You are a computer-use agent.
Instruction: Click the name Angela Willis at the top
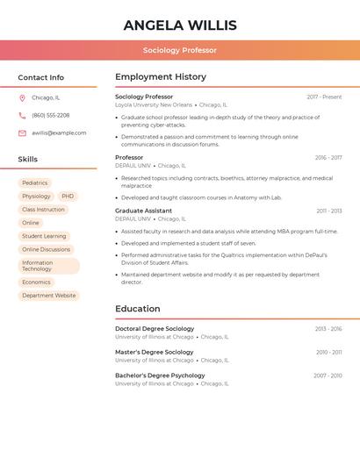179,25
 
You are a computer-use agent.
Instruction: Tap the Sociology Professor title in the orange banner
179,50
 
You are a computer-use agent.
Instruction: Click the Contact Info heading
40,77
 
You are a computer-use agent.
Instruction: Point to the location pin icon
22,98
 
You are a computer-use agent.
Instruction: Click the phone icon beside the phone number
22,116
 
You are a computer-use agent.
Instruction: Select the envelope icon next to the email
22,133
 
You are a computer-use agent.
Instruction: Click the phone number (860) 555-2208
50,116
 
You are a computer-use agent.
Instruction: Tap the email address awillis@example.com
59,133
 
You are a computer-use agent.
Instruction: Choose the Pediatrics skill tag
35,183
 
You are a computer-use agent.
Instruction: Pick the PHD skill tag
68,197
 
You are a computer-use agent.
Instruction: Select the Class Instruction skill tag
43,210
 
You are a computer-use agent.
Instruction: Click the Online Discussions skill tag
46,249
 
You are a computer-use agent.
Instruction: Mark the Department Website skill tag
48,296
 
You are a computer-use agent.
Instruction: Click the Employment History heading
161,77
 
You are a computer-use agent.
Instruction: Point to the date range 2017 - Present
324,97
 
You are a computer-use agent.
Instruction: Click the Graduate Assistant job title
143,211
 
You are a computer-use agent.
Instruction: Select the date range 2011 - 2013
328,211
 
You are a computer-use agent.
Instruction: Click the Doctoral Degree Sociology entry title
155,329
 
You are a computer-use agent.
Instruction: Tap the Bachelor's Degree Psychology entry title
160,376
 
